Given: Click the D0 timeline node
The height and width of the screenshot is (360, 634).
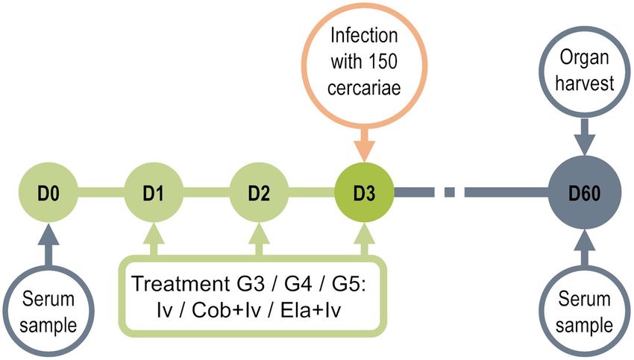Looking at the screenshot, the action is click(48, 192).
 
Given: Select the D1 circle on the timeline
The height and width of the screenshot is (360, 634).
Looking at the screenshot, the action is click(154, 192).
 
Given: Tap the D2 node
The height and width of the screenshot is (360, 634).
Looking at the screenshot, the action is click(259, 192).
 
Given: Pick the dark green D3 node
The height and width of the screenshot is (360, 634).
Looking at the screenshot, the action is click(364, 192).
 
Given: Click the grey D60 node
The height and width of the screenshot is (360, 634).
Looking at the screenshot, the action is click(584, 192).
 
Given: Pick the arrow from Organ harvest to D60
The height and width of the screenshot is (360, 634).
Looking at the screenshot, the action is click(585, 136).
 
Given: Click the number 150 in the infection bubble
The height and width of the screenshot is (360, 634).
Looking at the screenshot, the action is click(383, 61).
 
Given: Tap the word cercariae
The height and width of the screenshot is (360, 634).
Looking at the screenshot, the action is click(364, 88).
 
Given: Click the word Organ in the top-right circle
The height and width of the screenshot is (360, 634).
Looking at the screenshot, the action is click(584, 59).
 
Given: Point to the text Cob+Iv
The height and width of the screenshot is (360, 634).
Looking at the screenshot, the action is click(226, 310).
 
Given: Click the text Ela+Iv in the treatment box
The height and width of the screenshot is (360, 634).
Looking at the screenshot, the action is click(310, 310).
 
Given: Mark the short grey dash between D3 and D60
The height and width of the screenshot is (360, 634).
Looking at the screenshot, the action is click(449, 192).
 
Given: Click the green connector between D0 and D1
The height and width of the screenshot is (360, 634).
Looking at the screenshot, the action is click(101, 192).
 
